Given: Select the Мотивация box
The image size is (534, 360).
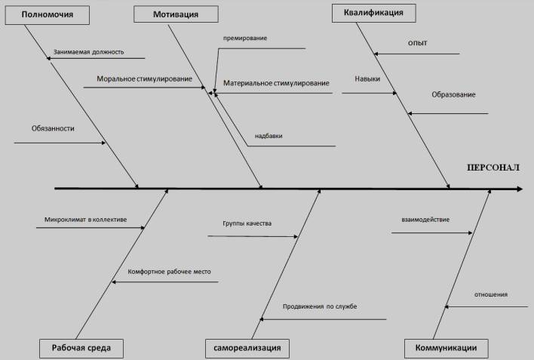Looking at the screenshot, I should (176, 14).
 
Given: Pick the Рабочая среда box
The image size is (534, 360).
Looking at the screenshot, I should (81, 348).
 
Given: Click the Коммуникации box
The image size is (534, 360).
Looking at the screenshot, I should (446, 348).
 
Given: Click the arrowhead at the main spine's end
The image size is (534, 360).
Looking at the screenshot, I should (518, 188).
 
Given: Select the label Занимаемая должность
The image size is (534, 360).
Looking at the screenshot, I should (88, 53).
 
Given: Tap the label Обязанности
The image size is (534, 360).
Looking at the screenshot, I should (53, 128).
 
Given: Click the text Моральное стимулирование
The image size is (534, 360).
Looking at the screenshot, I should (144, 78).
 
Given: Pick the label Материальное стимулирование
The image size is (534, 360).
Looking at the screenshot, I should (276, 82).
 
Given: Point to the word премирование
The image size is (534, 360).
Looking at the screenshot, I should (245, 37).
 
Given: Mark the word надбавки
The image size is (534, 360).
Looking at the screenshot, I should (269, 136).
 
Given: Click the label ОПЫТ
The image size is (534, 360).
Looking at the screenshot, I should (417, 43).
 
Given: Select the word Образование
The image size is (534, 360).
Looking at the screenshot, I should (453, 94).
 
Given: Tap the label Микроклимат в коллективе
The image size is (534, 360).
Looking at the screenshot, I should (85, 220).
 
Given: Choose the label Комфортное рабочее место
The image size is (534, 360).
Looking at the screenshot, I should (169, 271).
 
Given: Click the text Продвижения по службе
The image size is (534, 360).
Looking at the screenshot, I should (320, 306).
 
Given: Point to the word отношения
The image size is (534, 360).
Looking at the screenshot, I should (491, 294).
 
